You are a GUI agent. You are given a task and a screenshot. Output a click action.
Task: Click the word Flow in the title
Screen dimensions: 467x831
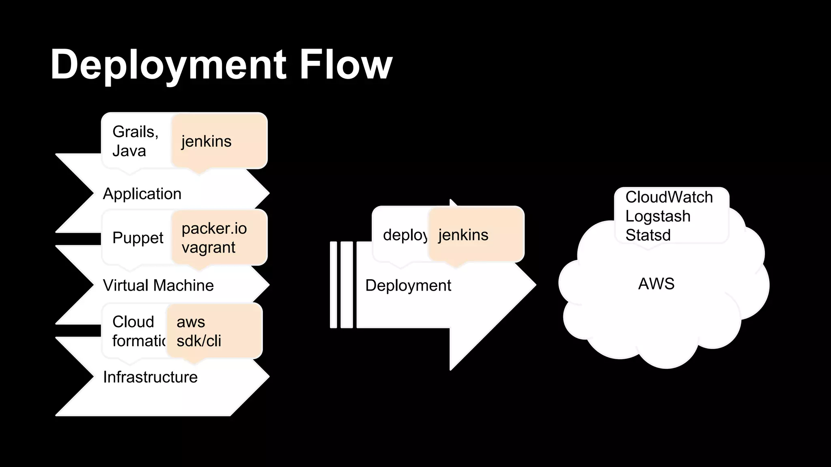[x=346, y=64]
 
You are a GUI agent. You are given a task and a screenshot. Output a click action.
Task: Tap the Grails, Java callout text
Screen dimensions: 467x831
[x=135, y=141]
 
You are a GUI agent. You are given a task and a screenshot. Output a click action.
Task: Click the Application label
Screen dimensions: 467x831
[x=142, y=194]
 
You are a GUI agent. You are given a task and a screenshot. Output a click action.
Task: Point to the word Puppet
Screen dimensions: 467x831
[x=138, y=238]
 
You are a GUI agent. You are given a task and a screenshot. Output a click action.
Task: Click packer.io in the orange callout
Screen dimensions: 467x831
[x=214, y=229]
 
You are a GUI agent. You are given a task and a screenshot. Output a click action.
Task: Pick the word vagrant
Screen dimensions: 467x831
[x=209, y=247]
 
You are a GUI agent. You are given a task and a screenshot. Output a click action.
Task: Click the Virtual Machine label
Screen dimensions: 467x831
[x=158, y=285]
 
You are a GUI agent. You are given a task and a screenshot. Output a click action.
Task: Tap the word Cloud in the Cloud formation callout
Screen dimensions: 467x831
[x=133, y=322]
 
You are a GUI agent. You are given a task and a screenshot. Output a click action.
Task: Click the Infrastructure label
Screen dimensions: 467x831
[x=150, y=377]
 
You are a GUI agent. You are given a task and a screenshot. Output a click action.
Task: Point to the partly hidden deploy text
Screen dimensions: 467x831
[x=405, y=235]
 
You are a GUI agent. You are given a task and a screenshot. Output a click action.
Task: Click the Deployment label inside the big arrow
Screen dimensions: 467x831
[x=408, y=285]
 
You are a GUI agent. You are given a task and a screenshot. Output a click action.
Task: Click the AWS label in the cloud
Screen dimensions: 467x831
[x=656, y=284]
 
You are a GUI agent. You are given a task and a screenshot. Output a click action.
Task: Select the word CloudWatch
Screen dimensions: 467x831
[x=669, y=197]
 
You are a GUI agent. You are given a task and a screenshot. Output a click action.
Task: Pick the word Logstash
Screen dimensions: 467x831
[x=658, y=216]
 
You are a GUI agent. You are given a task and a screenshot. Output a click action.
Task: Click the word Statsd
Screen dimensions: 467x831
[x=648, y=235]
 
